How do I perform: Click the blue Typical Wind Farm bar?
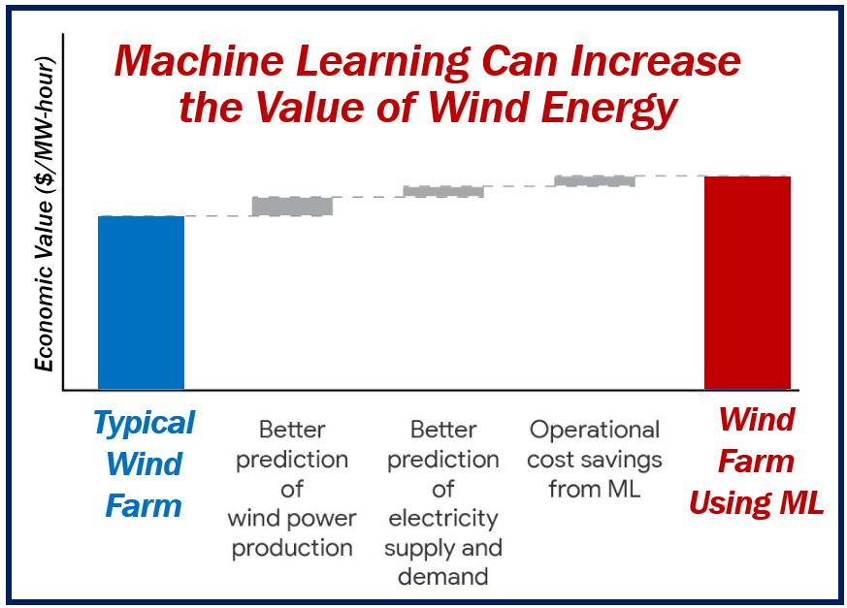coord(141,303)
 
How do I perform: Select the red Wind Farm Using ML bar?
coord(748,282)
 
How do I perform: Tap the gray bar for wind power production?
coord(292,207)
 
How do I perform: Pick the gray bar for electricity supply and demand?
coord(443,191)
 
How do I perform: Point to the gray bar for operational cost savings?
coord(595,181)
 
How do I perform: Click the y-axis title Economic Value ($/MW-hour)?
coord(45,213)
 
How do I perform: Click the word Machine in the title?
coord(199,60)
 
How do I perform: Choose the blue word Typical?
coord(145,424)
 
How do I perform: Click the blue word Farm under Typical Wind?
coord(144,506)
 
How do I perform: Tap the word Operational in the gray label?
coord(595,431)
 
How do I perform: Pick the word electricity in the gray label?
coord(443,519)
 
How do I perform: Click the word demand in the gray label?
coord(443,577)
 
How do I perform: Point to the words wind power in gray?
coord(292,519)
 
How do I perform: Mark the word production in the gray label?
coord(292,549)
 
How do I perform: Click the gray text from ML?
coord(595,489)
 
